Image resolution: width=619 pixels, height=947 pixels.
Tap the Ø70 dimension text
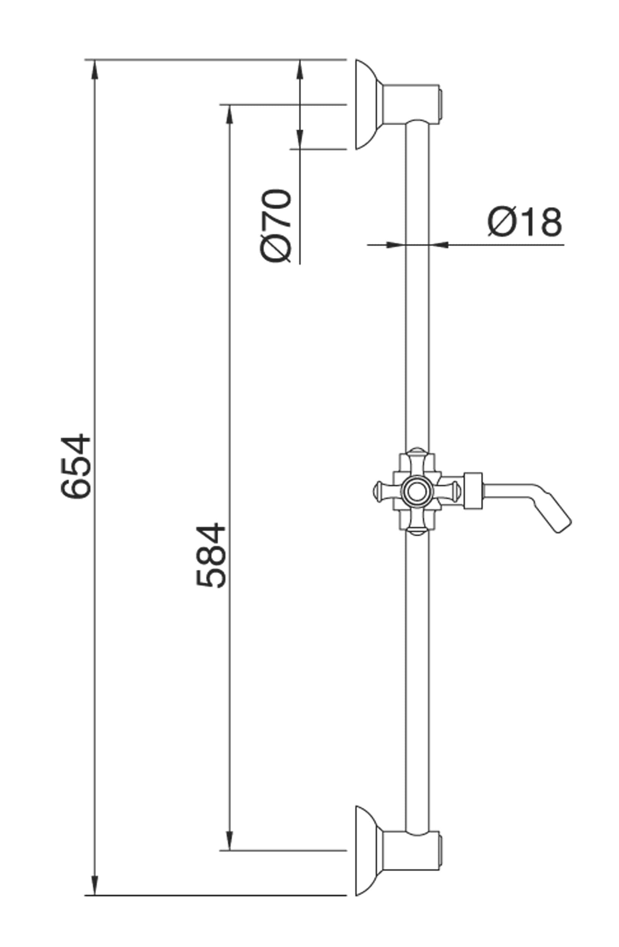(275, 226)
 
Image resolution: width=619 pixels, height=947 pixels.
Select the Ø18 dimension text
(525, 222)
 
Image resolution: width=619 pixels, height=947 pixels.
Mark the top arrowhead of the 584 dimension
(229, 115)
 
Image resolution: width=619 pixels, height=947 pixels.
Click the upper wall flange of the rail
(365, 104)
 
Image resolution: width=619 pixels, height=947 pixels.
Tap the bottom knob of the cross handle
(416, 531)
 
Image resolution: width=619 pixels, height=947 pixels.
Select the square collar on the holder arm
(473, 491)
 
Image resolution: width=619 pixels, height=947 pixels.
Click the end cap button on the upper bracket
(441, 104)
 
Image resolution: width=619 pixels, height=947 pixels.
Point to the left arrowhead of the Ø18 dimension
(396, 245)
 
